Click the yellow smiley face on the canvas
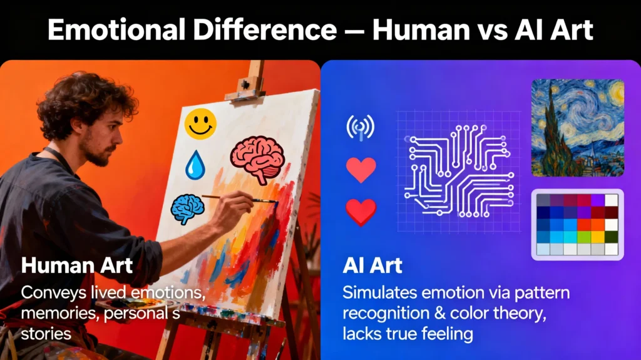(x=200, y=123)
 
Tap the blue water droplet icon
(x=195, y=163)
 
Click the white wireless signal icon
(x=360, y=127)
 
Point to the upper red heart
(x=361, y=170)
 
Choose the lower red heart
(x=361, y=211)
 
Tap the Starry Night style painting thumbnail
(x=577, y=128)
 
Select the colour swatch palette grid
(x=577, y=224)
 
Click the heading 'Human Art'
(x=76, y=265)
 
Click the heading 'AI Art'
(x=372, y=265)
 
